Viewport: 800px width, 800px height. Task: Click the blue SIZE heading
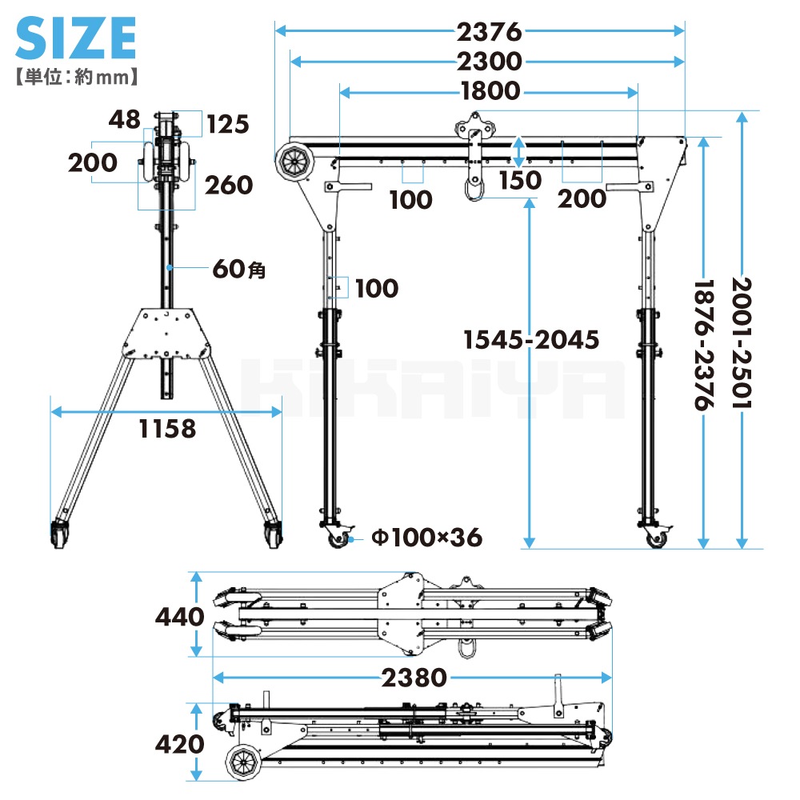pyautogui.click(x=75, y=38)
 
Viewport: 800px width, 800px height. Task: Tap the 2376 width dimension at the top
pyautogui.click(x=490, y=32)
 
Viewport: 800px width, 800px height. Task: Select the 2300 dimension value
pyautogui.click(x=490, y=62)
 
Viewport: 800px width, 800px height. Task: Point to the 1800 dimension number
pyautogui.click(x=490, y=91)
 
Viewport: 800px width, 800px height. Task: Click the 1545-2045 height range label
pyautogui.click(x=531, y=340)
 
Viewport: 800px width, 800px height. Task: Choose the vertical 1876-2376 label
pyautogui.click(x=703, y=345)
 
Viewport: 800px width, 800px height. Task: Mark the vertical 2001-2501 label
pyautogui.click(x=742, y=343)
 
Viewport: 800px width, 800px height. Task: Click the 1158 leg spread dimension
pyautogui.click(x=167, y=429)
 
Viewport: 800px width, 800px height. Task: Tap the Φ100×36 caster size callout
pyautogui.click(x=426, y=538)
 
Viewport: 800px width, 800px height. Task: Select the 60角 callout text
pyautogui.click(x=239, y=268)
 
